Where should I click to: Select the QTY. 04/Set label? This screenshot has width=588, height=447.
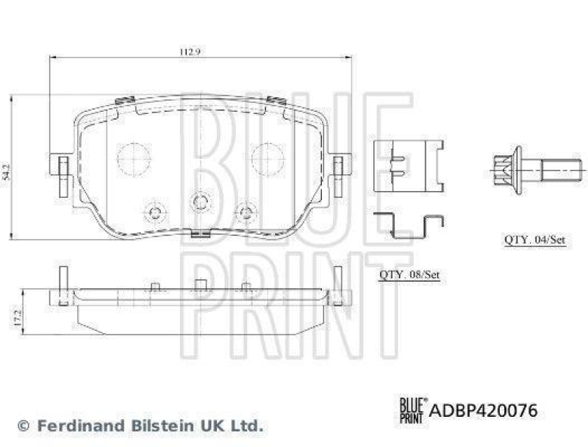pyautogui.click(x=534, y=240)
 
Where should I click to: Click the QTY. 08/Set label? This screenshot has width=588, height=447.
pyautogui.click(x=409, y=275)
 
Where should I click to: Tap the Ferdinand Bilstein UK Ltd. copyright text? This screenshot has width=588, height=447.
pyautogui.click(x=140, y=425)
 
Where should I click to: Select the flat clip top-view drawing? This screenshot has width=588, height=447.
pyautogui.click(x=406, y=165)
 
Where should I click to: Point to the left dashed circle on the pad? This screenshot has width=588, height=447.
pyautogui.click(x=135, y=158)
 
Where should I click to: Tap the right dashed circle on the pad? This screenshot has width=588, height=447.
pyautogui.click(x=268, y=158)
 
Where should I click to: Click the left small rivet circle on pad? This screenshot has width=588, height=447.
pyautogui.click(x=154, y=213)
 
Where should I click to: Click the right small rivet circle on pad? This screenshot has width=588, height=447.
pyautogui.click(x=245, y=213)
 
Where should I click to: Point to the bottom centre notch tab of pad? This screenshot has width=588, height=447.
pyautogui.click(x=200, y=235)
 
